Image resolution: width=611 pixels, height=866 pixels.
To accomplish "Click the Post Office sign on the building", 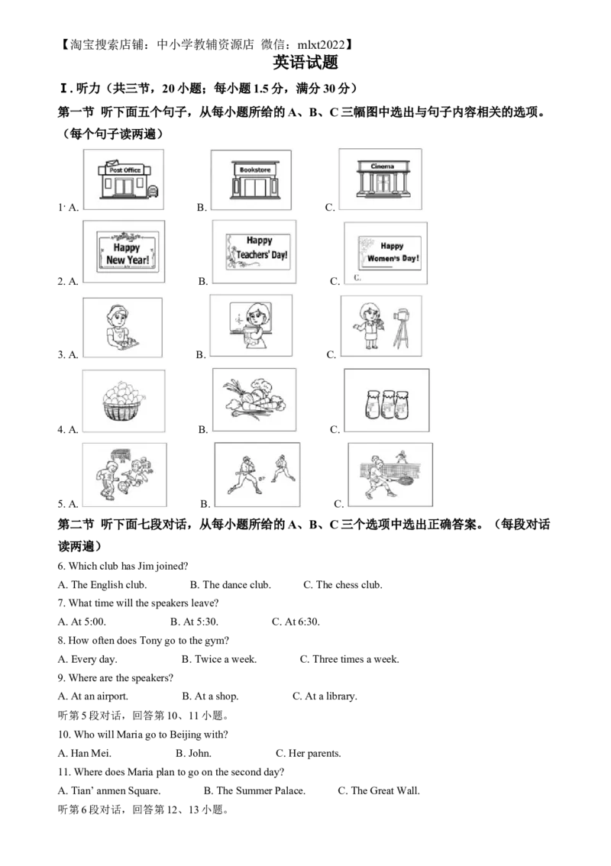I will point(124,170).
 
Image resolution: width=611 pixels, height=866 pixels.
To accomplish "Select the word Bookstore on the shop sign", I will point(250,170).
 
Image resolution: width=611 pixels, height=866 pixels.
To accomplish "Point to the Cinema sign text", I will point(382,166).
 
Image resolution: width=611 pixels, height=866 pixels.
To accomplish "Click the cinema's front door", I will point(382,183).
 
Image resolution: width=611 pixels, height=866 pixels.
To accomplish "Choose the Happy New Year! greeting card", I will point(126,253).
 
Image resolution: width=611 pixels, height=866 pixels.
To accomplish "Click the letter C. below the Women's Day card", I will point(357,278).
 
